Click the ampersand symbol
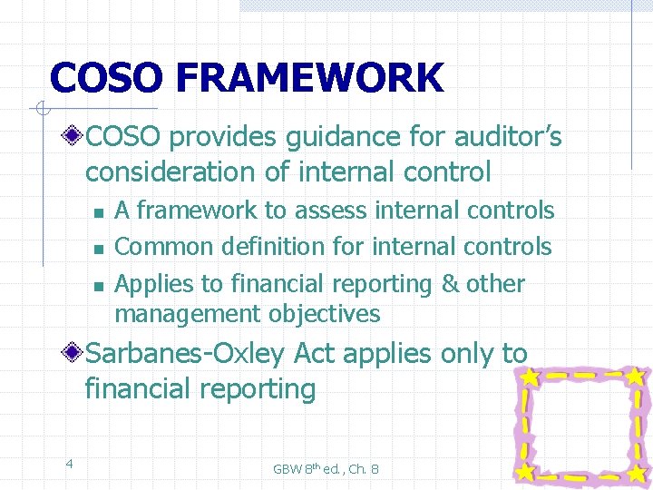coord(450,284)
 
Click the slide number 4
coord(69,465)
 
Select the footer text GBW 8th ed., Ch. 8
coord(326,468)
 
